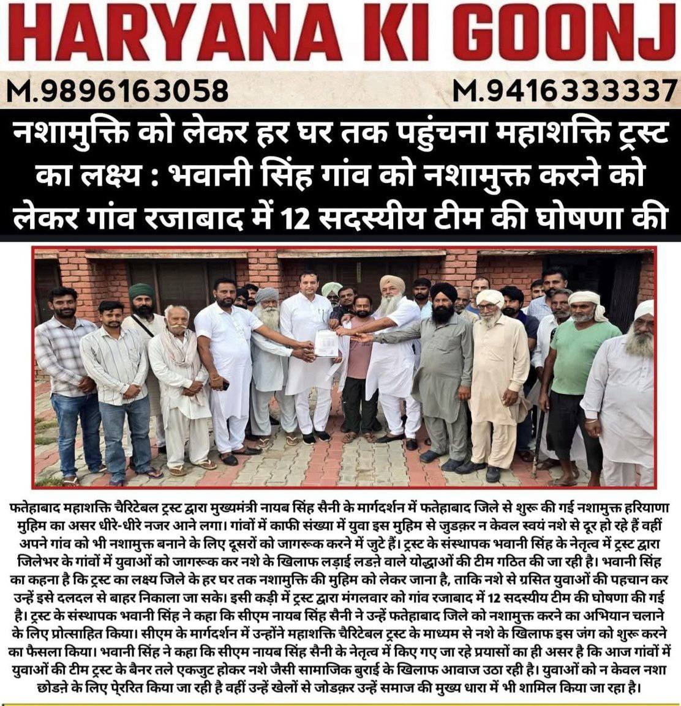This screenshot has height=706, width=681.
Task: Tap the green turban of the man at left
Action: click(x=141, y=291)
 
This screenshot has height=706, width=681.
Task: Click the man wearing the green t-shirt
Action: click(x=579, y=367)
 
